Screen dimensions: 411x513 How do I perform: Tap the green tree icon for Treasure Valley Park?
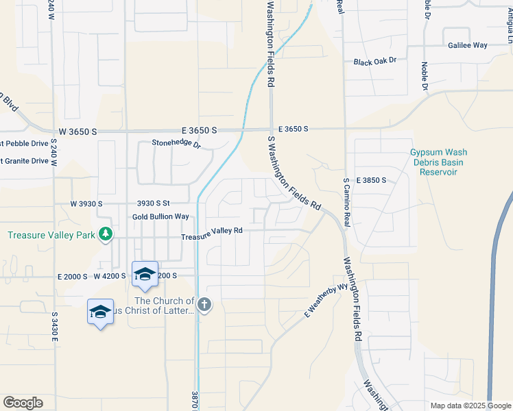pyautogui.click(x=105, y=234)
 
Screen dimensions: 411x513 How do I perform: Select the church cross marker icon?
pyautogui.click(x=204, y=306)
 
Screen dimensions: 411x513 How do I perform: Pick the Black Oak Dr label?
pyautogui.click(x=375, y=61)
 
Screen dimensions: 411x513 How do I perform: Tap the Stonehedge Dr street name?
pyautogui.click(x=176, y=145)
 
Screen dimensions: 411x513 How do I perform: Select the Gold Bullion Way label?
pyautogui.click(x=160, y=216)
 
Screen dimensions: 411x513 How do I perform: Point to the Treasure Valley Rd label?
pyautogui.click(x=212, y=231)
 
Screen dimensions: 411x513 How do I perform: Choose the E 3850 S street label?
pyautogui.click(x=370, y=180)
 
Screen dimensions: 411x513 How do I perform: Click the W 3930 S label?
pyautogui.click(x=86, y=204)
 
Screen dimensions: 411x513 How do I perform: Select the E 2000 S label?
pyautogui.click(x=73, y=276)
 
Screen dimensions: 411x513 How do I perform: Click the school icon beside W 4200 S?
pyautogui.click(x=145, y=275)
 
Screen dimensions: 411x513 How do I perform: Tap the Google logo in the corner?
pyautogui.click(x=23, y=403)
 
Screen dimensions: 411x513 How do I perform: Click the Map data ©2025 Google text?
pyautogui.click(x=470, y=406)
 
